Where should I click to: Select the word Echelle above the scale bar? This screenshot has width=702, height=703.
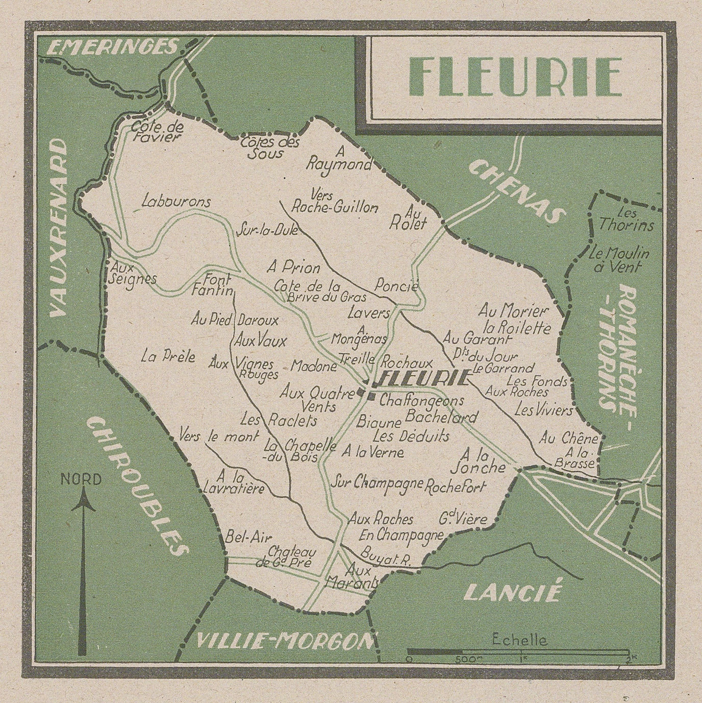click(519, 640)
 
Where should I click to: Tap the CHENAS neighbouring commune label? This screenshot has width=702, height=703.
click(516, 190)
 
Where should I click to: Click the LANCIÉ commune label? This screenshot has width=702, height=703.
click(513, 592)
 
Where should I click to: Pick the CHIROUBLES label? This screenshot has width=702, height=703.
click(136, 484)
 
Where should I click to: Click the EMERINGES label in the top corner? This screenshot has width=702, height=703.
click(112, 47)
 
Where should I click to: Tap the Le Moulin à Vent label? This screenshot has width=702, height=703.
click(619, 259)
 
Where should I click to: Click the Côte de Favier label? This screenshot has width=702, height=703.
click(157, 131)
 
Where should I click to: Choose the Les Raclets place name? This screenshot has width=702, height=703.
click(279, 421)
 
